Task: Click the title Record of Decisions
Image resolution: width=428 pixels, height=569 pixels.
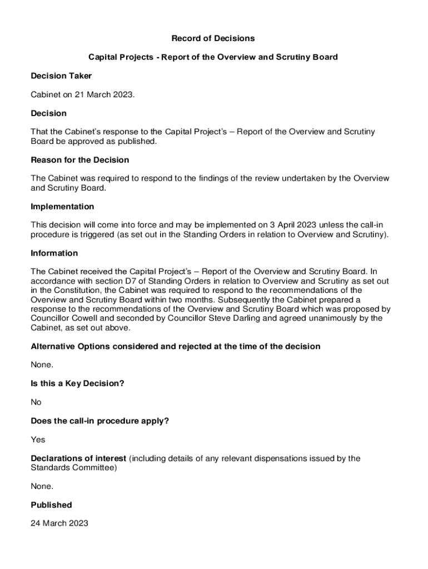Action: pos(213,38)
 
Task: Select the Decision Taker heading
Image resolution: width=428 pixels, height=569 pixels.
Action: pos(61,76)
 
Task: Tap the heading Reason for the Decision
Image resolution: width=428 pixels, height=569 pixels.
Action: pos(80,160)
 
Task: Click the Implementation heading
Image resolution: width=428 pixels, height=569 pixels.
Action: pos(62,207)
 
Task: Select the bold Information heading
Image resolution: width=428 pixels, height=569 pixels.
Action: pos(54,253)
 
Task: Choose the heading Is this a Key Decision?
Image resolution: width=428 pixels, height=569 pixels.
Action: pos(77,383)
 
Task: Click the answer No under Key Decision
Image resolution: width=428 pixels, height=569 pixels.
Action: pos(36,402)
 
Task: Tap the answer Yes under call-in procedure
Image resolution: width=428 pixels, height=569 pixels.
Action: pos(38,440)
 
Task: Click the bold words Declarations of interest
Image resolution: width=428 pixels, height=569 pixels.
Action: pos(79,458)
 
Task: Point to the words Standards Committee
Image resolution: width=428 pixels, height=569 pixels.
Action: pos(73,468)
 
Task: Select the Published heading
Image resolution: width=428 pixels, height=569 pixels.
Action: pos(52,505)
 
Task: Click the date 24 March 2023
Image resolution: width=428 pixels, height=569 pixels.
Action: pos(59,523)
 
